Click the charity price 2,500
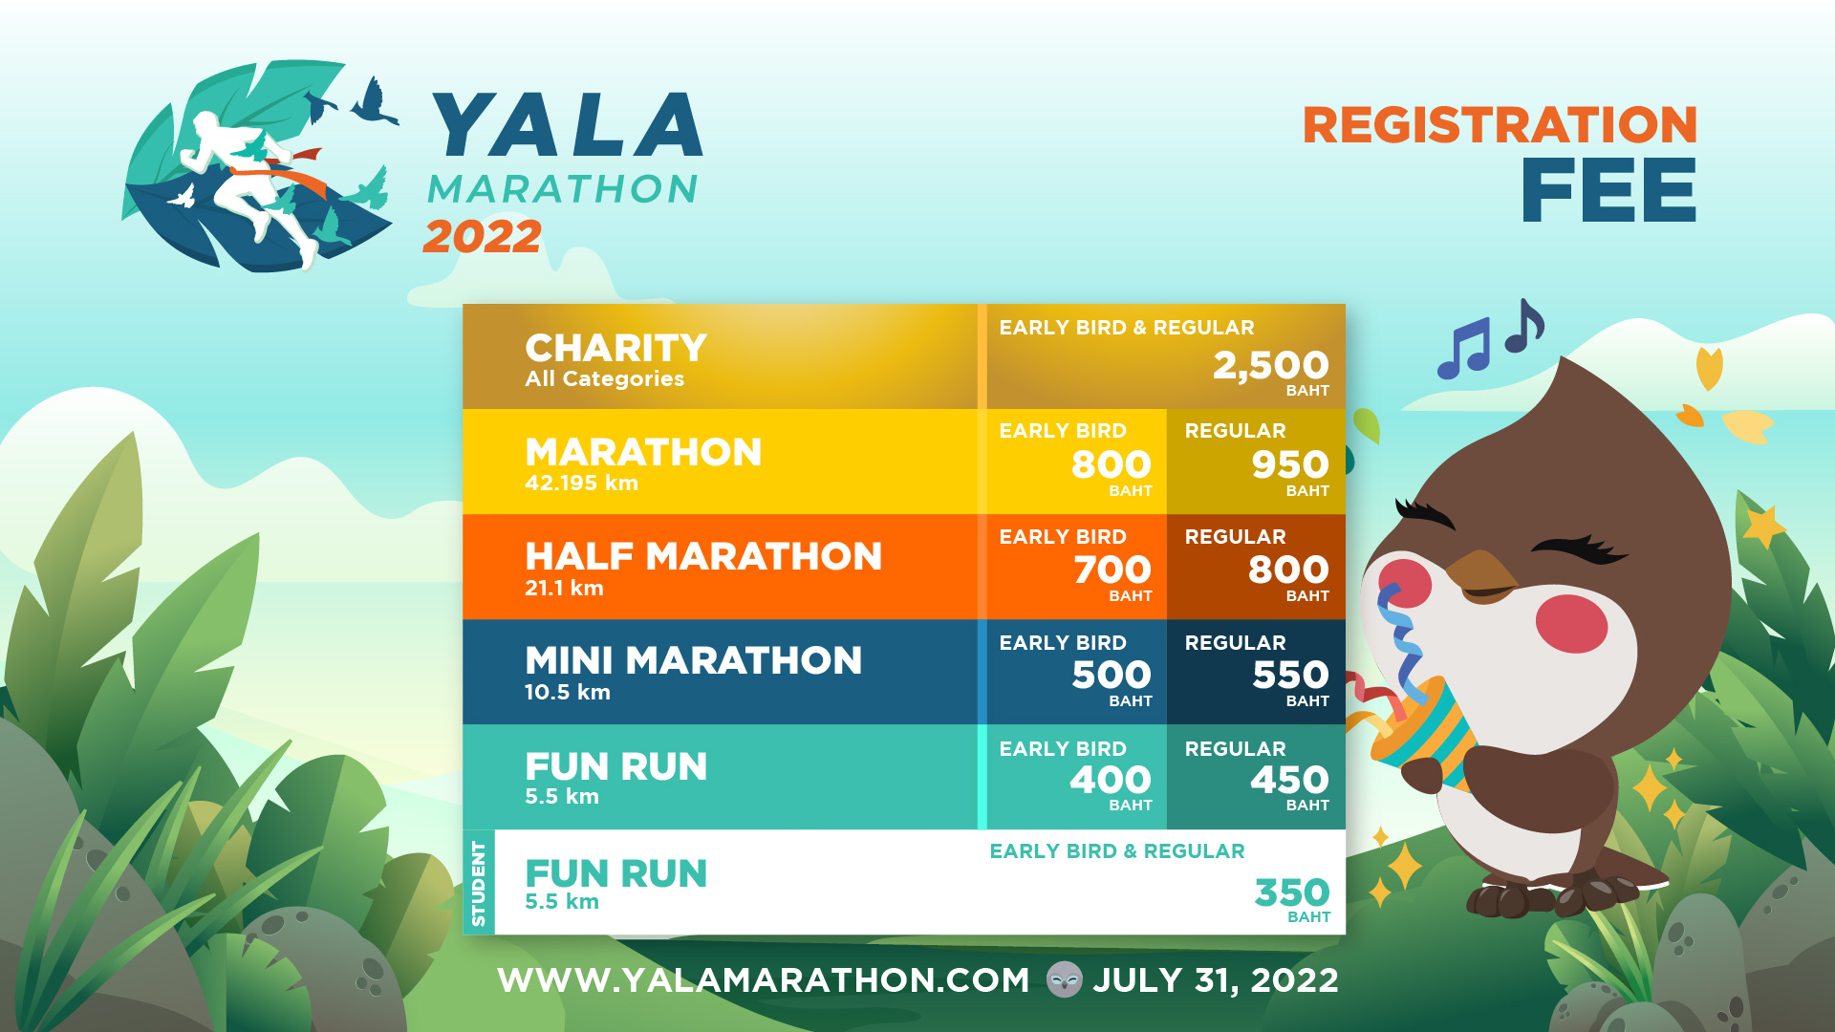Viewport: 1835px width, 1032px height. point(1270,365)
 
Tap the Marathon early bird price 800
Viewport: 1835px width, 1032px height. point(1111,464)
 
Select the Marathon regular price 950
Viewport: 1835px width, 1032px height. point(1290,464)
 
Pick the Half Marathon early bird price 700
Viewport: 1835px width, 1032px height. point(1112,570)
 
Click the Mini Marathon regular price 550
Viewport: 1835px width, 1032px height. point(1290,675)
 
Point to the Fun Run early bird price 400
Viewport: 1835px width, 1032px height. point(1111,780)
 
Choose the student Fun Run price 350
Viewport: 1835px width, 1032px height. point(1292,892)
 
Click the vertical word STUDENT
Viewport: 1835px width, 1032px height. point(479,883)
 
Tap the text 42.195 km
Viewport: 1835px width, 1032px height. point(581,484)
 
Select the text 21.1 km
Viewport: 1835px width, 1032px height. point(564,589)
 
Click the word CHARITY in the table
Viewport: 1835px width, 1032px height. point(616,348)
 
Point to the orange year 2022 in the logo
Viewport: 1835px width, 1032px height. point(483,237)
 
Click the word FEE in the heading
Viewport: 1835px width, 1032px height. point(1609,190)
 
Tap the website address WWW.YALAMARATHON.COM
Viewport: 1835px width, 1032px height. point(764,980)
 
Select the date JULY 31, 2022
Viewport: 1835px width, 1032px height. point(1216,980)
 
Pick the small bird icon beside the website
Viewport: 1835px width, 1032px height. point(1064,979)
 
